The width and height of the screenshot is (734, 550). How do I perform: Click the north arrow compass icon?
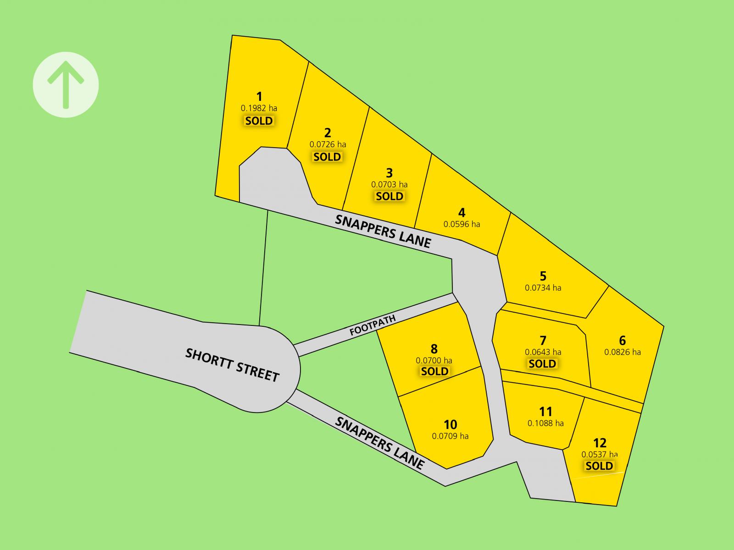pyautogui.click(x=66, y=85)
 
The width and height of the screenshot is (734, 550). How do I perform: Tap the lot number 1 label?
pyautogui.click(x=259, y=97)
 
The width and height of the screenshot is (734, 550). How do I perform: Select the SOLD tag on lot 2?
pyautogui.click(x=327, y=157)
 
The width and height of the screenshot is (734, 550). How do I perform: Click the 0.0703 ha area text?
pyautogui.click(x=389, y=185)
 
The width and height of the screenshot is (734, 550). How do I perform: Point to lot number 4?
pyautogui.click(x=462, y=213)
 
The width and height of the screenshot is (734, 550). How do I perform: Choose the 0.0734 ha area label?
pyautogui.click(x=543, y=288)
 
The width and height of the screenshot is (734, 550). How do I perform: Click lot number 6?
pyautogui.click(x=622, y=341)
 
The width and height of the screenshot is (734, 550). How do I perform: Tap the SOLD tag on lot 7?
pyautogui.click(x=542, y=364)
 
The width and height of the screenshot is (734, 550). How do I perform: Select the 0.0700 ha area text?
pyautogui.click(x=434, y=361)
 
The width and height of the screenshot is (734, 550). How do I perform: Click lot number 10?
pyautogui.click(x=450, y=424)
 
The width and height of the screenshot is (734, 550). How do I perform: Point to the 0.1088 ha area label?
pyautogui.click(x=545, y=423)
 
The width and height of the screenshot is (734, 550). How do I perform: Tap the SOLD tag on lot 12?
pyautogui.click(x=599, y=466)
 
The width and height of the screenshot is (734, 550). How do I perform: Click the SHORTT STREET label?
pyautogui.click(x=232, y=365)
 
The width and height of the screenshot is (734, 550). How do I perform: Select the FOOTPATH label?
pyautogui.click(x=372, y=325)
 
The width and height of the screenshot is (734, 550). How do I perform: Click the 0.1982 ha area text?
pyautogui.click(x=259, y=109)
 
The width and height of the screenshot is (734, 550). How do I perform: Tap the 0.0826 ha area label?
pyautogui.click(x=622, y=352)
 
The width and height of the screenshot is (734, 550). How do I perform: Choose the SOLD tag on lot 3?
pyautogui.click(x=389, y=196)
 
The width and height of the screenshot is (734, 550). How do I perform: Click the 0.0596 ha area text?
pyautogui.click(x=462, y=225)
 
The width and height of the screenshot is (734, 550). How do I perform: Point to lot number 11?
pyautogui.click(x=545, y=412)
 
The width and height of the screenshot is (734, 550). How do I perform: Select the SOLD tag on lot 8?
pyautogui.click(x=434, y=371)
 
